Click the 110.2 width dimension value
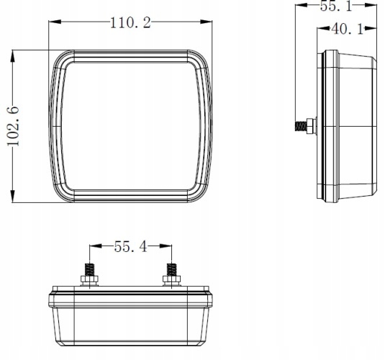pyautogui.click(x=130, y=23)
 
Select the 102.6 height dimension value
pyautogui.click(x=13, y=126)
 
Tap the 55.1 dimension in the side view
pyautogui.click(x=336, y=6)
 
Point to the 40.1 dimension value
pyautogui.click(x=347, y=29)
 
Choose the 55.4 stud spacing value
pyautogui.click(x=131, y=246)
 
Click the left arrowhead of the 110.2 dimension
pyautogui.click(x=55, y=22)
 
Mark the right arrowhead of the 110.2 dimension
pyautogui.click(x=206, y=22)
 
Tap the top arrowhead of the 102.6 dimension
pyautogui.click(x=13, y=56)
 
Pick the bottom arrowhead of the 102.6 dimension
pyautogui.click(x=13, y=197)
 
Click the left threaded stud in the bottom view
pyautogui.click(x=90, y=269)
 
